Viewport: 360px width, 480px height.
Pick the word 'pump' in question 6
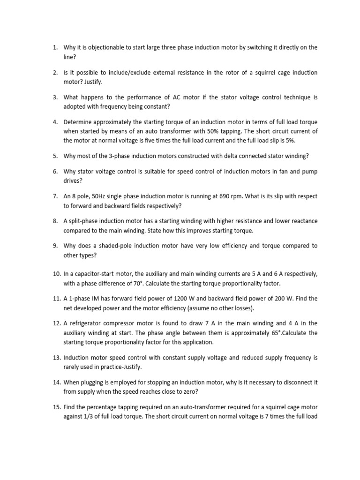[x=300, y=172]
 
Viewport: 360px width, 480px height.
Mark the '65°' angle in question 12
[x=258, y=332]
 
